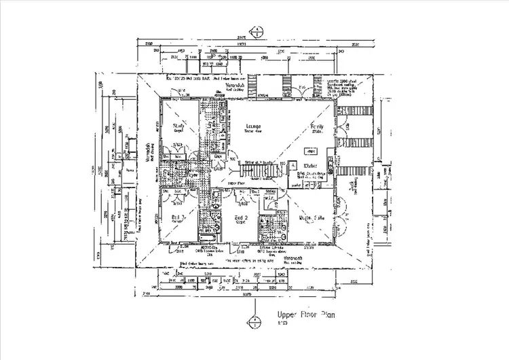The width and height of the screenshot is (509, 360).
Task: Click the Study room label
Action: tap(179, 126)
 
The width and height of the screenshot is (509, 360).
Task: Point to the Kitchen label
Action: tap(311, 165)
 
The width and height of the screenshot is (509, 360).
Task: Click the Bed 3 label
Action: tap(178, 217)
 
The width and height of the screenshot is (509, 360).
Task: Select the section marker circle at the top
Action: tap(256, 30)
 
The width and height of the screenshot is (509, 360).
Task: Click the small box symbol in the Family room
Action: tap(290, 164)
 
